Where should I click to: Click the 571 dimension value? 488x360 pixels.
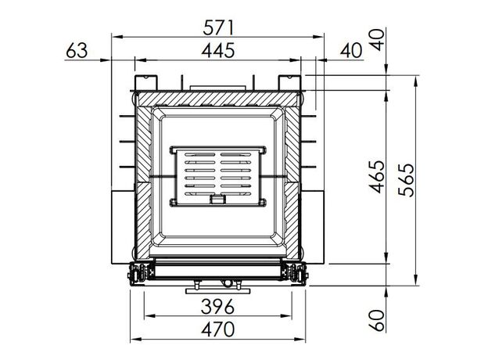click(x=218, y=27)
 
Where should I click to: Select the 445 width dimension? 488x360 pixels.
click(x=218, y=50)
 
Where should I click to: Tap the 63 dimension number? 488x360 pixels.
click(x=77, y=50)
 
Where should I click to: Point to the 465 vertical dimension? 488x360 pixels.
click(x=377, y=177)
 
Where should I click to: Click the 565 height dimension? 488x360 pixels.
click(x=407, y=180)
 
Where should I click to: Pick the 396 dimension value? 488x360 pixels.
click(x=217, y=307)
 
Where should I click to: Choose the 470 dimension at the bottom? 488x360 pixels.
click(x=217, y=329)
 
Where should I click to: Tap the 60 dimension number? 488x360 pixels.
click(x=377, y=320)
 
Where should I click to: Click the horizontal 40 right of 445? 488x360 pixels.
click(x=351, y=50)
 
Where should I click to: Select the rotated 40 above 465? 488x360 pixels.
click(x=377, y=40)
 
